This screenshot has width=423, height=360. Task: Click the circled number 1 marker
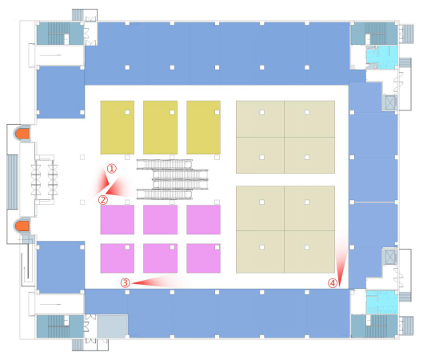[112, 168]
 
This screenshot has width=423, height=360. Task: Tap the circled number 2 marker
[103, 200]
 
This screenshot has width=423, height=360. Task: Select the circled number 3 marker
[126, 283]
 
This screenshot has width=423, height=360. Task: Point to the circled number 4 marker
[333, 283]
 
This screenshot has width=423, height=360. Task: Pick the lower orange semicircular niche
[22, 226]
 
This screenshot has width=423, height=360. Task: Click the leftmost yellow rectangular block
[118, 127]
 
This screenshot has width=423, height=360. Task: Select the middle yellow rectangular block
[161, 127]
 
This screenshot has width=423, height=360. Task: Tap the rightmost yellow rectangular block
[203, 127]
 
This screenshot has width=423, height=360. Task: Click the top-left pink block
[118, 220]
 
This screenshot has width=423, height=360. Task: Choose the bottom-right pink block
[203, 258]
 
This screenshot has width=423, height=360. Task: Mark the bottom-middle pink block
[161, 258]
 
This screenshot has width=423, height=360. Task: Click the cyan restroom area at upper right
[382, 57]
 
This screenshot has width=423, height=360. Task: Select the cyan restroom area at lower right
[382, 302]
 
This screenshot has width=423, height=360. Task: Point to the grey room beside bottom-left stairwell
[112, 326]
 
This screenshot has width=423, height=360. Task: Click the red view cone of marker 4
[341, 259]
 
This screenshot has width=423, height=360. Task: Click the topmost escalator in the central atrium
[164, 164]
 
